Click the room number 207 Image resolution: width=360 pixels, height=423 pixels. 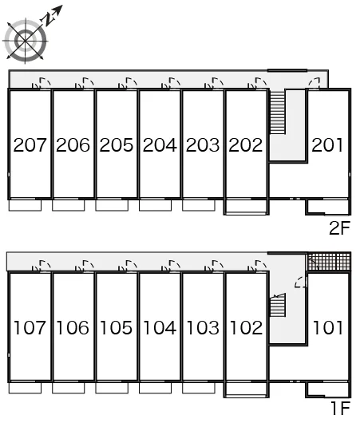click(30, 145)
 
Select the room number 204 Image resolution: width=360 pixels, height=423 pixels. click(160, 145)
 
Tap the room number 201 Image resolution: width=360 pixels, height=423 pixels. click(327, 145)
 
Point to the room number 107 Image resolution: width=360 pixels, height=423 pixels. click(30, 327)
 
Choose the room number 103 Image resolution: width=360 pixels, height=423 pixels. click(203, 327)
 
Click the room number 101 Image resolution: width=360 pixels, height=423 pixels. click(328, 327)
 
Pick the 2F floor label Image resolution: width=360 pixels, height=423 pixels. click(340, 228)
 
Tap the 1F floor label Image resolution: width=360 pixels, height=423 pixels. click(341, 408)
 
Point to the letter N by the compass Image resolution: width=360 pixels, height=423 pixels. click(48, 18)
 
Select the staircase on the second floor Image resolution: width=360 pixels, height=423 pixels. click(278, 112)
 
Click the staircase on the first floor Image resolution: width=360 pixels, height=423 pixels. click(278, 306)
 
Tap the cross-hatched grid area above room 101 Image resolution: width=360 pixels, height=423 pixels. click(329, 261)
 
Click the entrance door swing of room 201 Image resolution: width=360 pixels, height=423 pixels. click(315, 83)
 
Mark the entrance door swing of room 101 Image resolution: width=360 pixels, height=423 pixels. click(301, 283)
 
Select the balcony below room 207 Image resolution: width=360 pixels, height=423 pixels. click(25, 205)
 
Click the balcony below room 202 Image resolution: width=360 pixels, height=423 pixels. click(246, 207)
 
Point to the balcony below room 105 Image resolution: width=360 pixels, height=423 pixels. click(112, 388)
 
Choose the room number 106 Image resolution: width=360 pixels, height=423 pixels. click(73, 327)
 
